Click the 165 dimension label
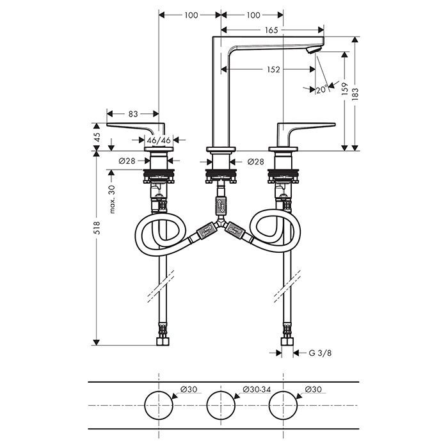(270, 29)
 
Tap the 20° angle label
(321, 90)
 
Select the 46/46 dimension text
(159, 140)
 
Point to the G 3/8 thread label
(320, 352)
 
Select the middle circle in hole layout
(221, 406)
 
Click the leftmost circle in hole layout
(159, 406)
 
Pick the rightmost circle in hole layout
(284, 406)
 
